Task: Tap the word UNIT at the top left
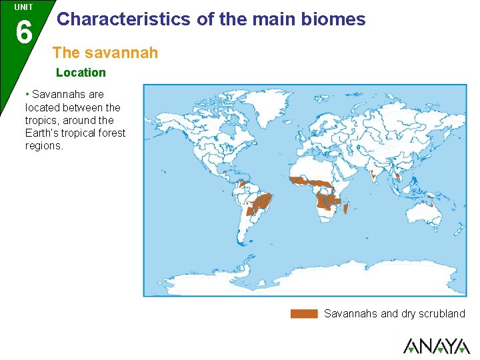point(23,7)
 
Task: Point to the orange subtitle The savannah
point(105,52)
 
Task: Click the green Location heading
point(81,72)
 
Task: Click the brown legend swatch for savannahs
point(304,313)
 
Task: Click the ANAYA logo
point(436,345)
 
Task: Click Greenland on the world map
point(265,108)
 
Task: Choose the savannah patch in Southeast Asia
point(398,177)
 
